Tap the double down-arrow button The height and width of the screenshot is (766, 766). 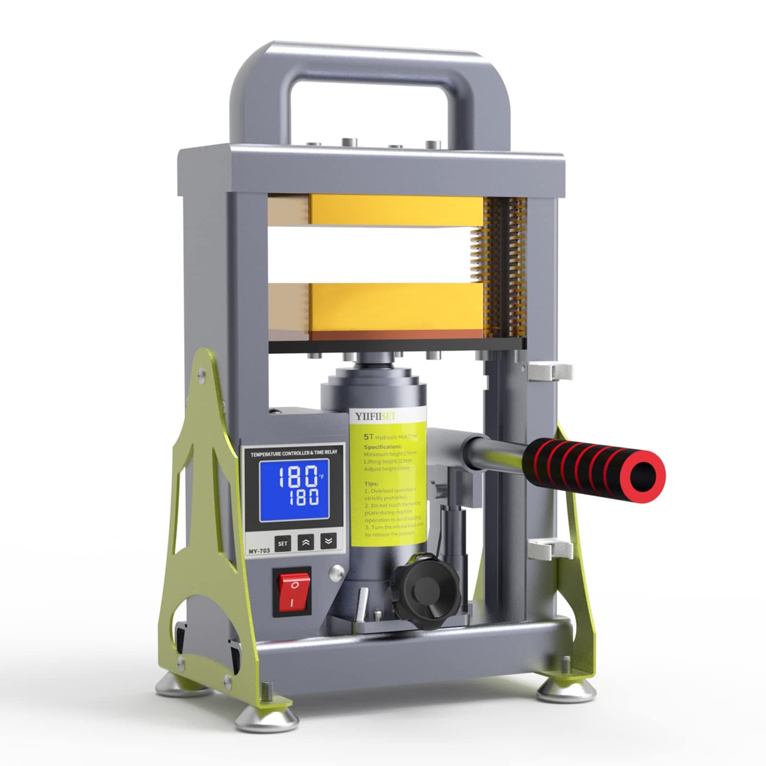(328, 541)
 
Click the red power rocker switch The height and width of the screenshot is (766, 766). (292, 592)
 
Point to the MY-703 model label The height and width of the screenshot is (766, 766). (259, 551)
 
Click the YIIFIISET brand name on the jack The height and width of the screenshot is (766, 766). (375, 417)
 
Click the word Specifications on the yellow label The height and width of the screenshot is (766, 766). (383, 446)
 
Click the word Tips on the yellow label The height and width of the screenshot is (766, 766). (371, 483)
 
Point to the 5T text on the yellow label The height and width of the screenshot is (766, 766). (368, 437)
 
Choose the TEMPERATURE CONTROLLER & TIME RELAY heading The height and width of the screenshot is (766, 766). (294, 452)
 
